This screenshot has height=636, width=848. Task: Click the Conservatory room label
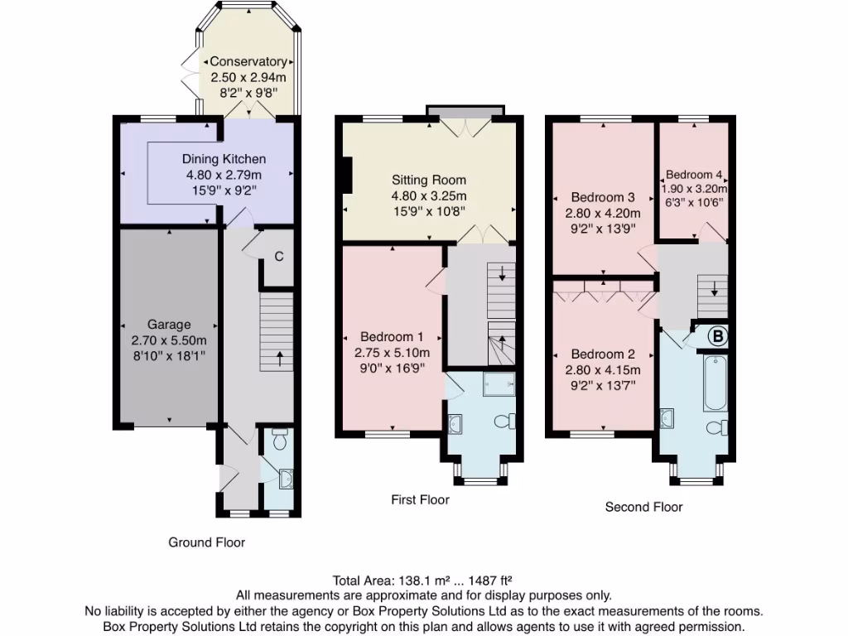coord(248,62)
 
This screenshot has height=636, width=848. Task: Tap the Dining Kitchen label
coord(224,159)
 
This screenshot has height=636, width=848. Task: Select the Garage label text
coord(169,325)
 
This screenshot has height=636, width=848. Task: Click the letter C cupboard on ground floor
coord(279,256)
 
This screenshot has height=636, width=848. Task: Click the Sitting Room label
coord(429,180)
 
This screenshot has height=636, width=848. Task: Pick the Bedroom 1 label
coord(393,337)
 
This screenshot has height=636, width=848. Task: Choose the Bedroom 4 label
coord(694,175)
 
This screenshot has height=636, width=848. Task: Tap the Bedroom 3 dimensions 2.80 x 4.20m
coord(603,213)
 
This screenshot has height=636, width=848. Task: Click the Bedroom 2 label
coord(603,354)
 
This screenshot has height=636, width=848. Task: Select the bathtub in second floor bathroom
coord(715,383)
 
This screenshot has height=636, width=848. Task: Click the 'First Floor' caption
coord(420,499)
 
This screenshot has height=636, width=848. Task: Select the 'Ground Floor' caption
coord(207,542)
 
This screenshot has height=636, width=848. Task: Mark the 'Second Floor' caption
coord(643,507)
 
